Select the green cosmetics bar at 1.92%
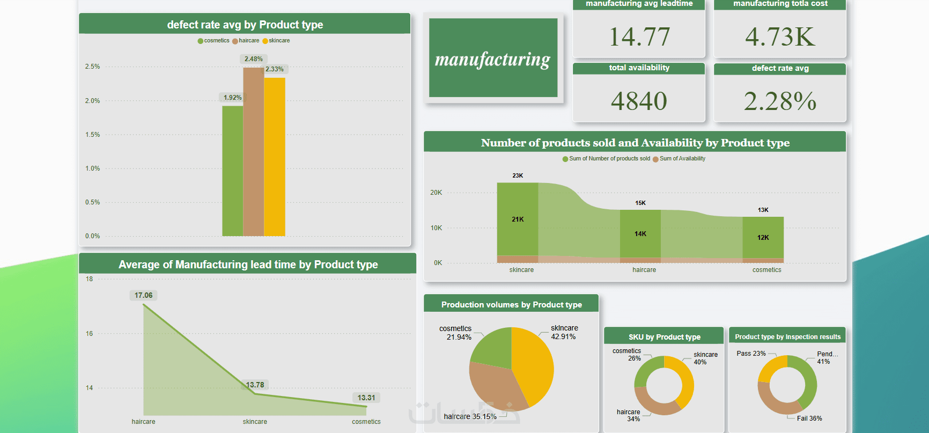point(232,172)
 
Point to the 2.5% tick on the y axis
point(92,67)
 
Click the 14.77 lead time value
point(639,37)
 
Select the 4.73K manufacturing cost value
point(780,37)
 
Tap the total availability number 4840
point(639,101)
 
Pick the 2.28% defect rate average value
point(780,101)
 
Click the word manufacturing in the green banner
point(492,59)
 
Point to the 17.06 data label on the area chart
point(143,295)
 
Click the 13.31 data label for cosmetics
point(366,398)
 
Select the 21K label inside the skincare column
point(518,219)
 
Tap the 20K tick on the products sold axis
point(436,193)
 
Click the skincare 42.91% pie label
point(564,332)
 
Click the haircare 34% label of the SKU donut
point(629,415)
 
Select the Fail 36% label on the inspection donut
point(809,419)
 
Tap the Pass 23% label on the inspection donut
point(751,354)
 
